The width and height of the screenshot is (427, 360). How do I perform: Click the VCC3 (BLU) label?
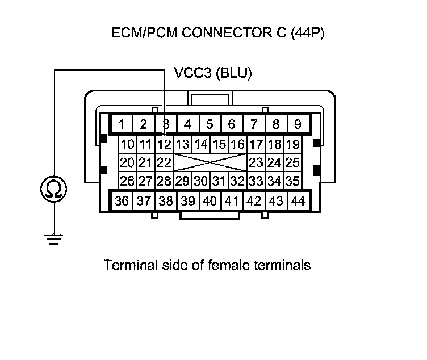(x=212, y=73)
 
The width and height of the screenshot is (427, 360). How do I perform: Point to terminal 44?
(x=297, y=201)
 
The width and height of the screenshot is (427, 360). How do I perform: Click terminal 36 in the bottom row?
(x=121, y=201)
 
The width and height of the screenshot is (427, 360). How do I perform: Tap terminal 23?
(x=256, y=163)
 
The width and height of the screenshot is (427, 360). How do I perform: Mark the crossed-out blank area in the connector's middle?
(x=210, y=163)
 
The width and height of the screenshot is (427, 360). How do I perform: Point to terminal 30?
(x=200, y=182)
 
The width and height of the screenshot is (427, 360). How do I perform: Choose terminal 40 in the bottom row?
(x=209, y=201)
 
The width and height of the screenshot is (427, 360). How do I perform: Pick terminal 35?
(x=292, y=182)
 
